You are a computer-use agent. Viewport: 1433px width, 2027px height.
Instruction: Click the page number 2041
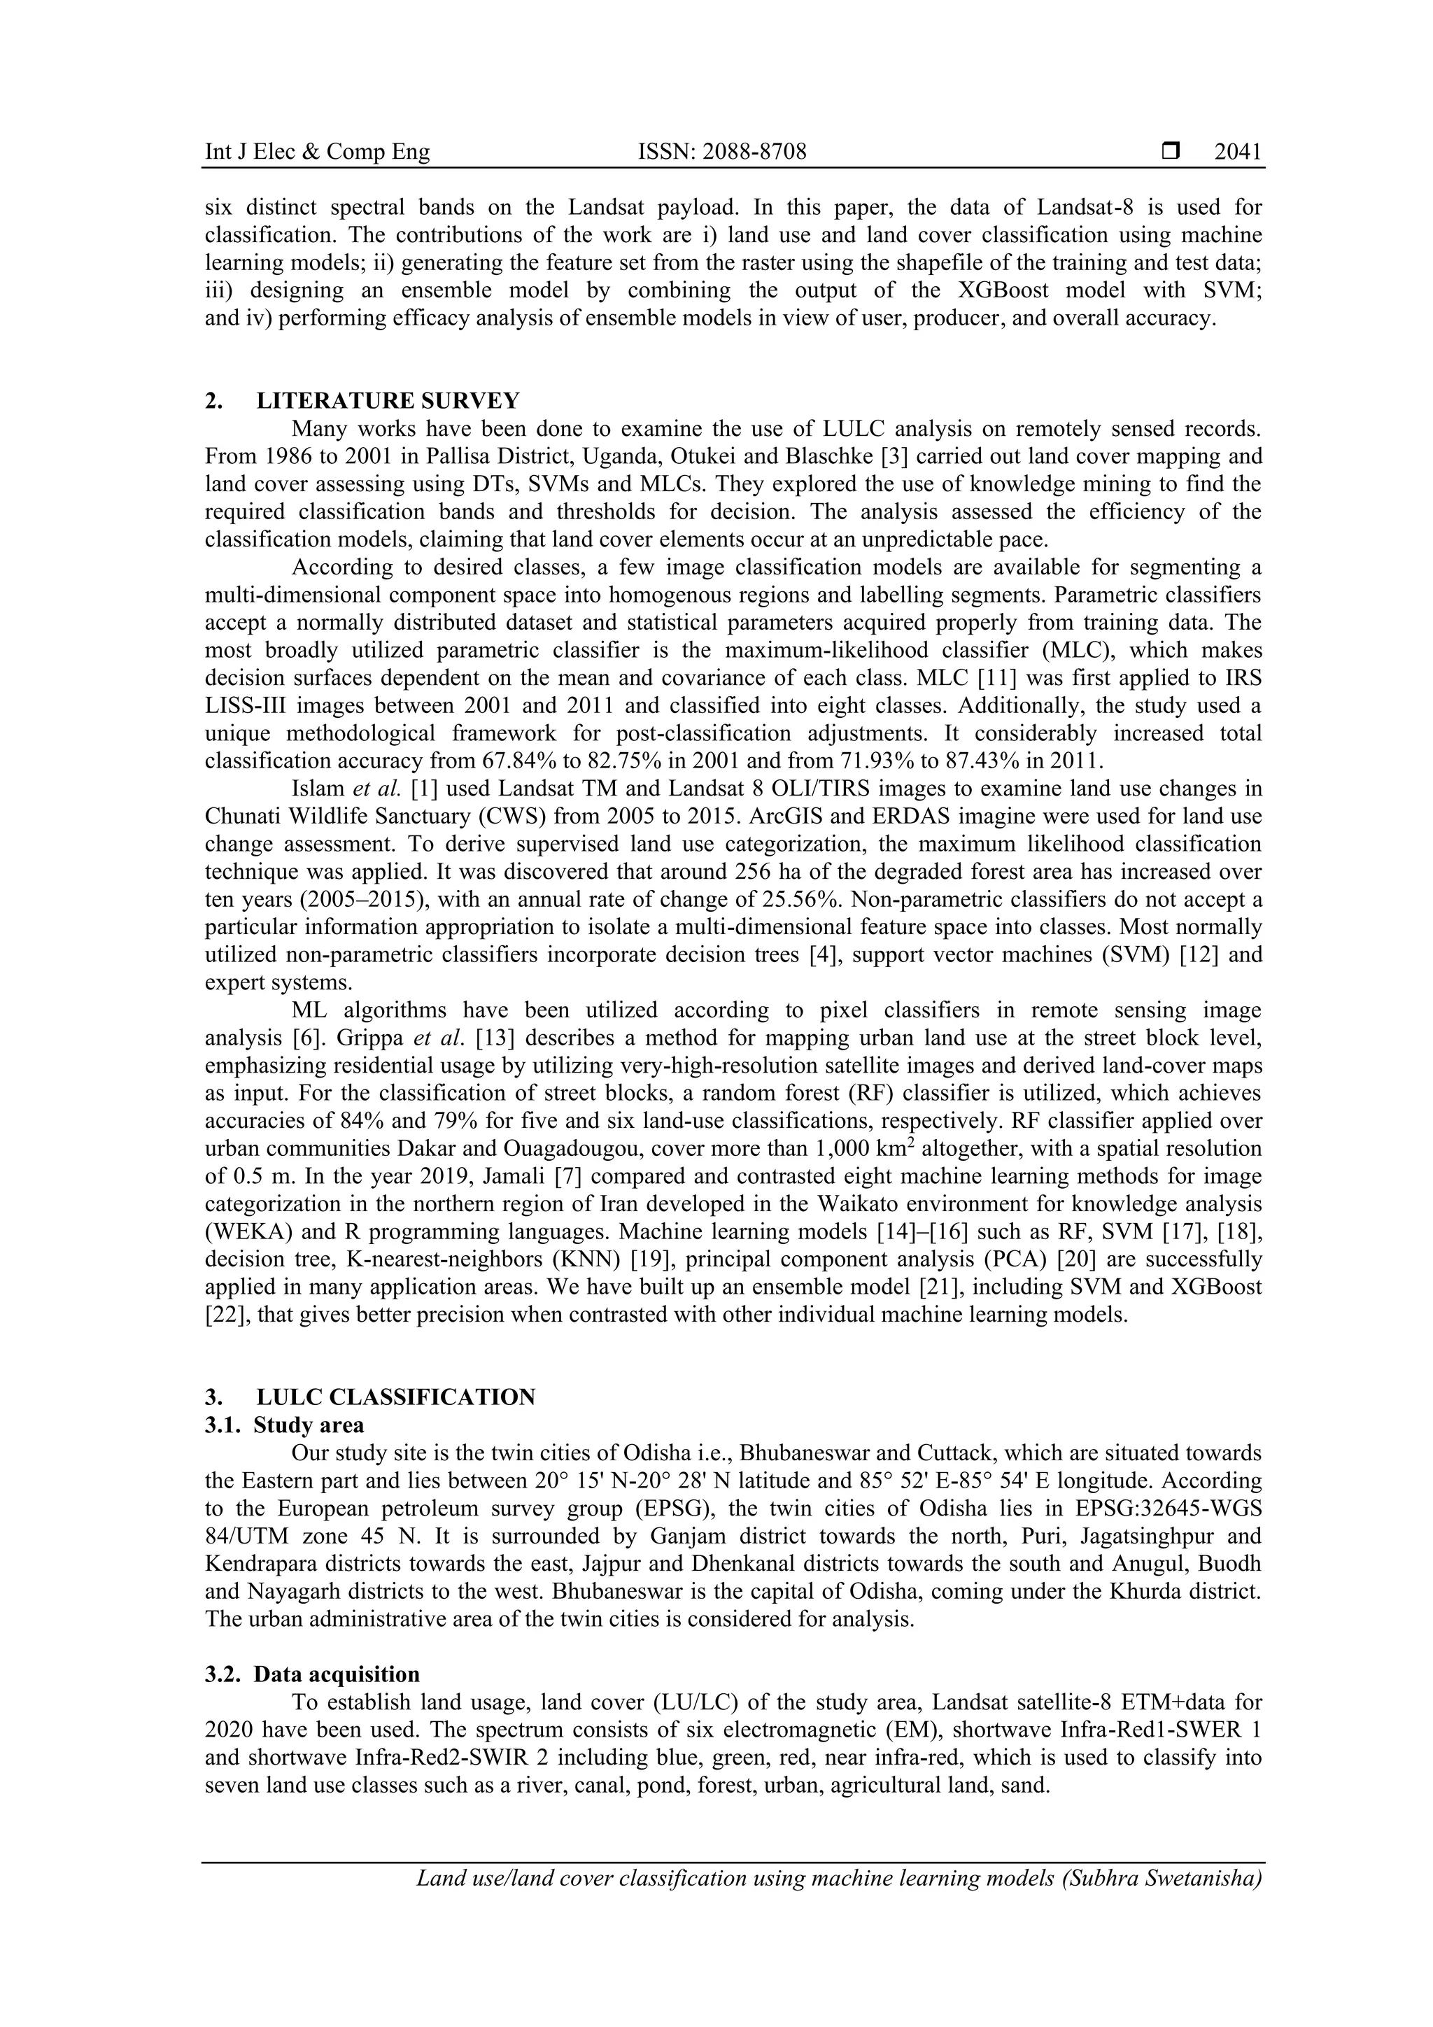(x=1238, y=152)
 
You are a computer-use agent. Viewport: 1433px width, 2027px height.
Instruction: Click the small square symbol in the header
(x=1171, y=152)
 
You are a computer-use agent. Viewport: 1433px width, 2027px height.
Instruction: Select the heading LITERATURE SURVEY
(x=388, y=401)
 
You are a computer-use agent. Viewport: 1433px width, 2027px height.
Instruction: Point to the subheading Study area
(x=308, y=1425)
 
